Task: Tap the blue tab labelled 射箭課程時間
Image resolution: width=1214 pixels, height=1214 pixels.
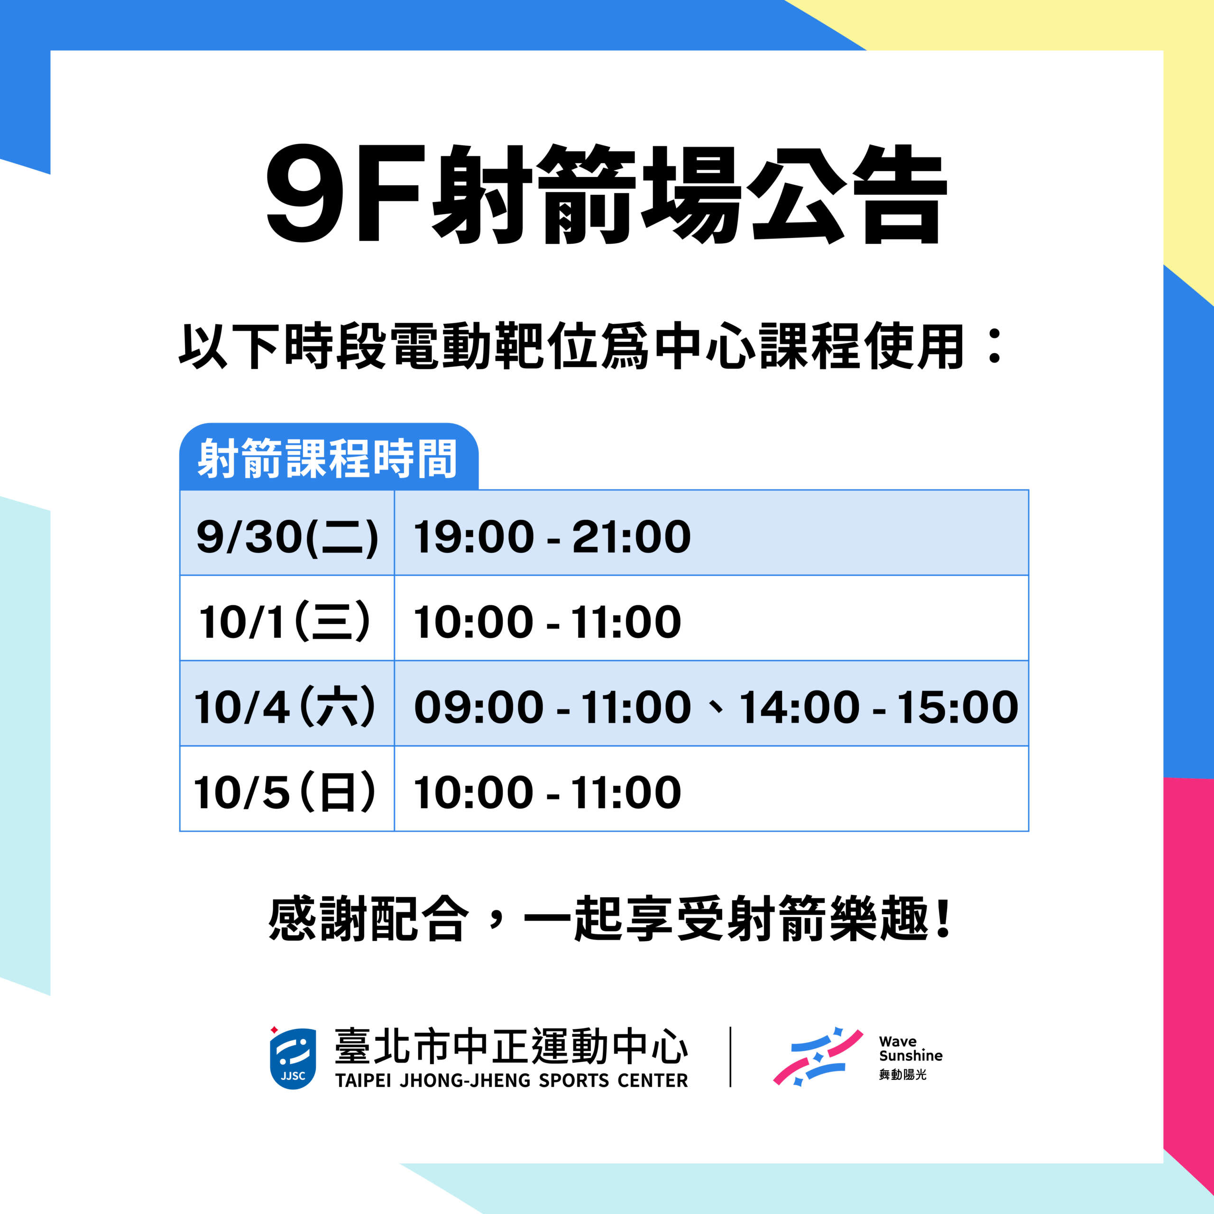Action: pyautogui.click(x=329, y=457)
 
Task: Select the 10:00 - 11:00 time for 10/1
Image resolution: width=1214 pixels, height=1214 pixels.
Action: pyautogui.click(x=547, y=622)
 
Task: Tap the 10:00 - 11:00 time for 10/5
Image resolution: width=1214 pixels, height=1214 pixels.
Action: pyautogui.click(x=547, y=793)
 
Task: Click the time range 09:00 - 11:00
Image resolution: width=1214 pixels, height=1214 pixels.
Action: pyautogui.click(x=552, y=708)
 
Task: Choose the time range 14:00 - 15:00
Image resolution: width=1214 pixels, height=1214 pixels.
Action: pyautogui.click(x=878, y=708)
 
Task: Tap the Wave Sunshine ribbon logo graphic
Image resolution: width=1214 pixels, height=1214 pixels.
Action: pyautogui.click(x=818, y=1057)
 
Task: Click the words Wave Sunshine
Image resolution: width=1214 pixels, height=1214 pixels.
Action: pyautogui.click(x=910, y=1049)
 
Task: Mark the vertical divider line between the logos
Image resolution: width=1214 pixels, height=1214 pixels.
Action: pyautogui.click(x=730, y=1057)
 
